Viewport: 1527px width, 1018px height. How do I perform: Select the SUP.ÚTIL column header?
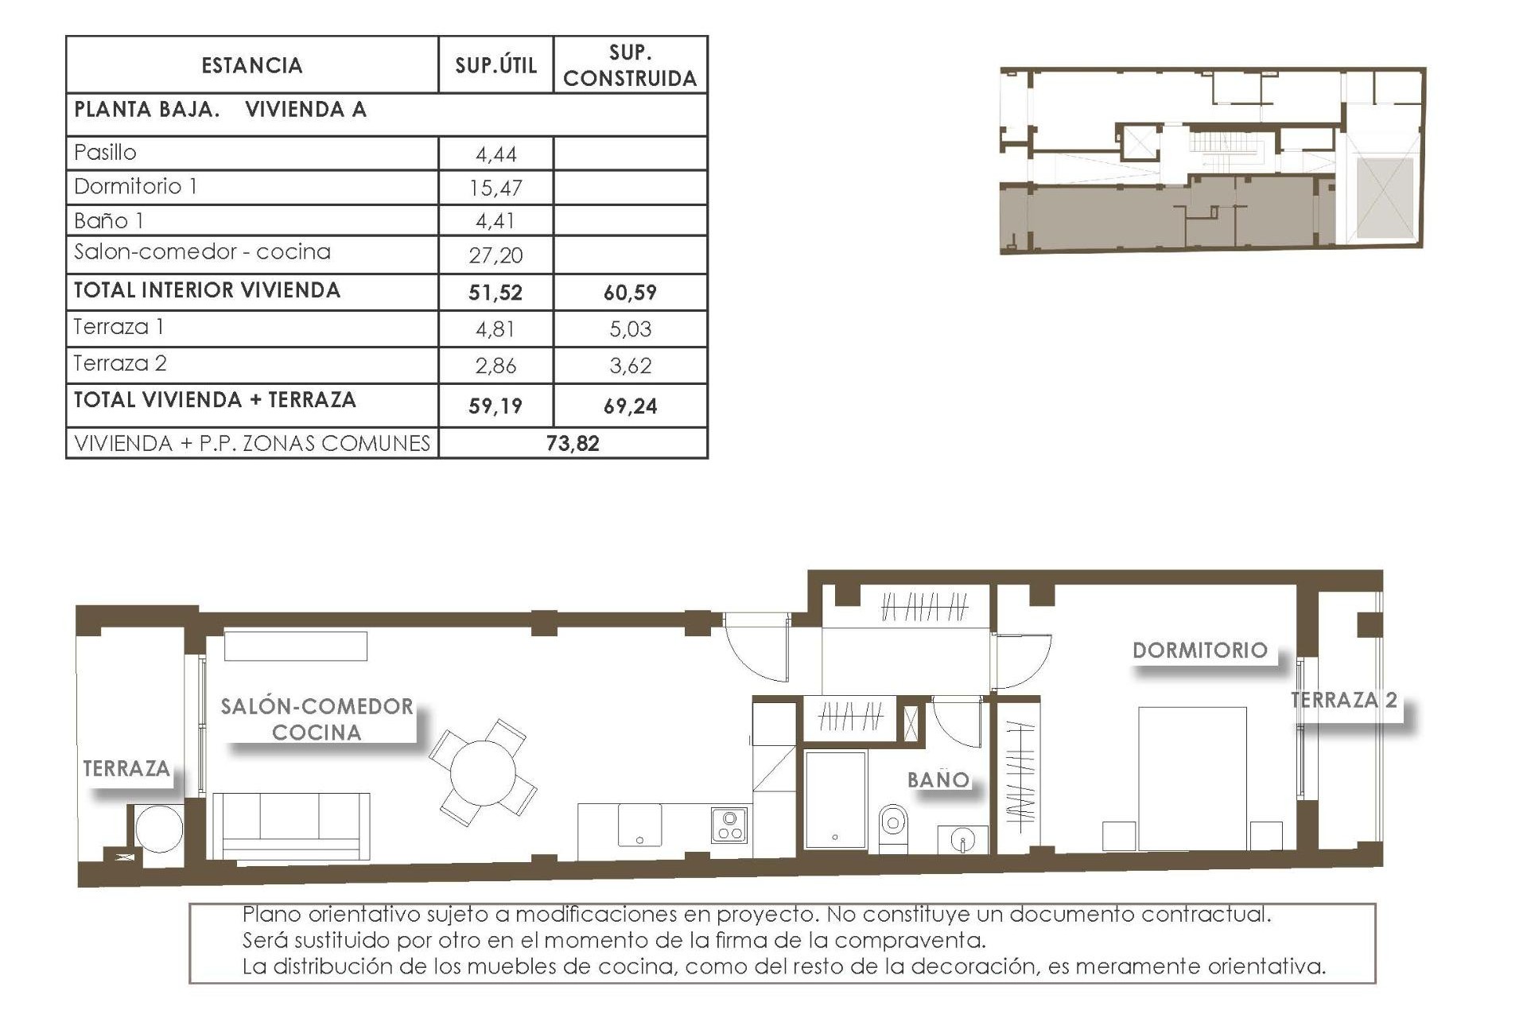pyautogui.click(x=495, y=65)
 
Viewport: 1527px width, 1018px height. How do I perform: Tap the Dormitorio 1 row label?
pyautogui.click(x=136, y=187)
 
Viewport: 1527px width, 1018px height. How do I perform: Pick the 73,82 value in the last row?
pyautogui.click(x=572, y=444)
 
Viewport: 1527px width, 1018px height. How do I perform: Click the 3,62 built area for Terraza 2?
pyautogui.click(x=630, y=366)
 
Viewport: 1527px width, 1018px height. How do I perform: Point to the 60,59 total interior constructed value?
pyautogui.click(x=630, y=293)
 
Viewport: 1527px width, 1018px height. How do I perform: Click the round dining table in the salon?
pyautogui.click(x=482, y=772)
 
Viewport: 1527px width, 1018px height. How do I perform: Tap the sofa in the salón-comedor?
pyautogui.click(x=291, y=826)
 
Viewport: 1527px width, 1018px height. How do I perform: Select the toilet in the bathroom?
pyautogui.click(x=893, y=827)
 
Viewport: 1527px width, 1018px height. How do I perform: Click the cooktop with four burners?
pyautogui.click(x=729, y=826)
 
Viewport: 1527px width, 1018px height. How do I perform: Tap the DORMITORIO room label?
pyautogui.click(x=1199, y=651)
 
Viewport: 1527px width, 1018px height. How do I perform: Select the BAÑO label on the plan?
pyautogui.click(x=938, y=780)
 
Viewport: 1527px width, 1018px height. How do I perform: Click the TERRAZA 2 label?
pyautogui.click(x=1343, y=701)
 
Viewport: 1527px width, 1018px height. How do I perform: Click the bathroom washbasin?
pyautogui.click(x=962, y=840)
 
